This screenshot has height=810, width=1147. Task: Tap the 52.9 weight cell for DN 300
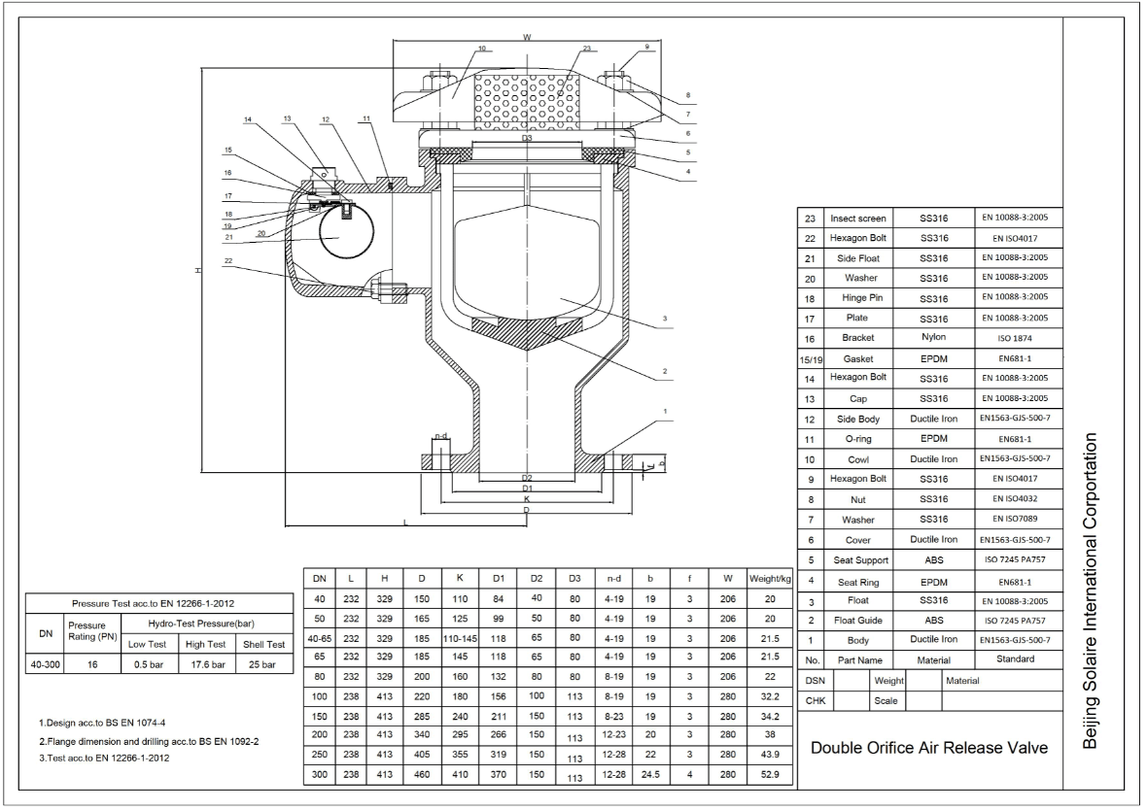pyautogui.click(x=771, y=777)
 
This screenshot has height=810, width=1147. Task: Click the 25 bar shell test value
pyautogui.click(x=263, y=665)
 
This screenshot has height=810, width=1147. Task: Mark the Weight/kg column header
pyautogui.click(x=771, y=578)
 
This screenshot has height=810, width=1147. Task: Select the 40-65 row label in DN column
pyautogui.click(x=320, y=638)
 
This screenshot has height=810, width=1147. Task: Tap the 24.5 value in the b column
pyautogui.click(x=649, y=777)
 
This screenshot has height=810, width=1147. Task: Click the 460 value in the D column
pyautogui.click(x=421, y=777)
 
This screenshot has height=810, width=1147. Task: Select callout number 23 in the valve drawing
pyautogui.click(x=586, y=48)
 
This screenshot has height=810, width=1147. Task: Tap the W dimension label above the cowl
pyautogui.click(x=527, y=37)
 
